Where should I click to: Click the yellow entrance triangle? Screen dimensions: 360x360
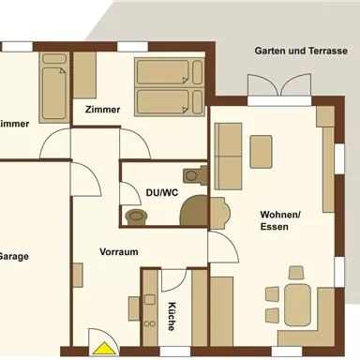tap(100, 349)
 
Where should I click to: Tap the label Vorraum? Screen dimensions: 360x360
tap(119, 252)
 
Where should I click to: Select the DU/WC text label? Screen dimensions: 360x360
tap(161, 192)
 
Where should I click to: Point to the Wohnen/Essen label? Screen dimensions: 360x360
tap(280, 220)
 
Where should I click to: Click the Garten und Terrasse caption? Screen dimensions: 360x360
tap(306, 51)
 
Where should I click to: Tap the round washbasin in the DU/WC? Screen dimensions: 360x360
tap(137, 216)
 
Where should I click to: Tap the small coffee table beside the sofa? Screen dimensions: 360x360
tap(262, 151)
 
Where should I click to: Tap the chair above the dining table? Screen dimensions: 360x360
tap(296, 273)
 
